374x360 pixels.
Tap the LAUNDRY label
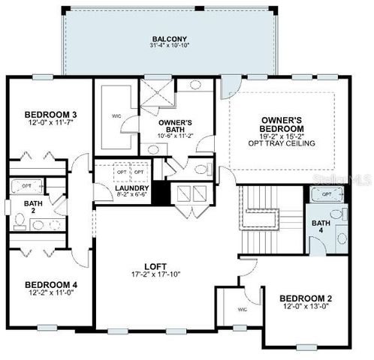(x=133, y=188)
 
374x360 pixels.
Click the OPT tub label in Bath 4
(x=326, y=194)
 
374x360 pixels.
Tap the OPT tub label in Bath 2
(x=26, y=185)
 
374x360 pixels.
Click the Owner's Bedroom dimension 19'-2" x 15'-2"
(x=282, y=136)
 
